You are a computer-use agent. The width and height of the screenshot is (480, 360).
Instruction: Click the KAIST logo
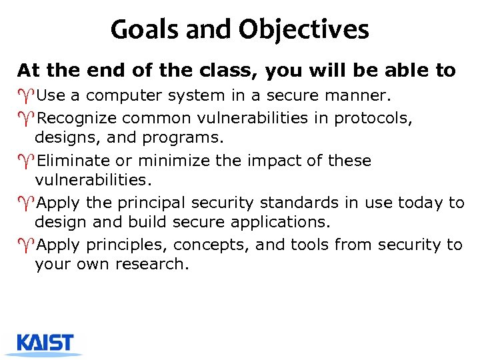click(x=45, y=343)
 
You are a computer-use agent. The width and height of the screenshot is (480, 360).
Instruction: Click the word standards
click(x=299, y=203)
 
